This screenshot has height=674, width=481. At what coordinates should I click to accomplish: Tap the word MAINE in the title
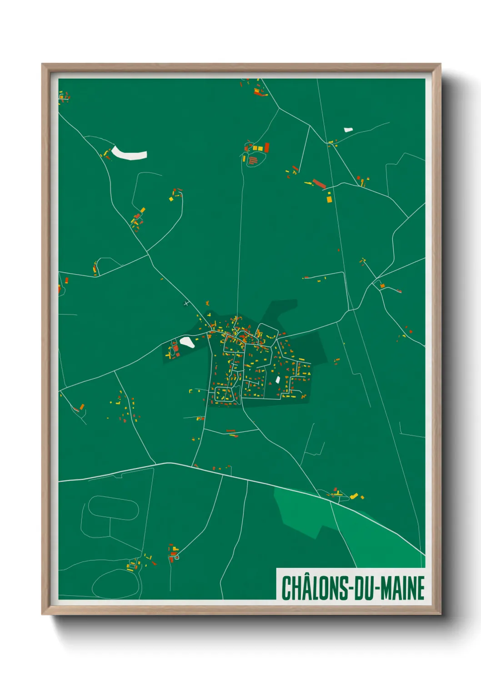[x=403, y=588]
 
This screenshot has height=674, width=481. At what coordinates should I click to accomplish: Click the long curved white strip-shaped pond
[x=129, y=153]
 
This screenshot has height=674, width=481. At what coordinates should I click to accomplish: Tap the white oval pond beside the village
[x=187, y=342]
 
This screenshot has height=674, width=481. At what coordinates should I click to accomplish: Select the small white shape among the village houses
[x=277, y=379]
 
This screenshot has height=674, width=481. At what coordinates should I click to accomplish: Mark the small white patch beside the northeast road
[x=348, y=129]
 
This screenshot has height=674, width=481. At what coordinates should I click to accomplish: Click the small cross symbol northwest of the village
[x=186, y=303]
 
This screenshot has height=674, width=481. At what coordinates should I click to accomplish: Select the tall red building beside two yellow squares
[x=267, y=147]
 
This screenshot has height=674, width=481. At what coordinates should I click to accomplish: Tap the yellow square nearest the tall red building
[x=261, y=148]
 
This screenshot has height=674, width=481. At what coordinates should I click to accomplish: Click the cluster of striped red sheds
[x=253, y=159]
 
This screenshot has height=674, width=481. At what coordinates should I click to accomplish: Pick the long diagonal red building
[x=319, y=184]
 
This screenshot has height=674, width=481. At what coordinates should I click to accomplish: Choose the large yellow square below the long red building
[x=329, y=199]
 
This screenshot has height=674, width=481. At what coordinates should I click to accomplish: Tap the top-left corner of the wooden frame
[x=43, y=65]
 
